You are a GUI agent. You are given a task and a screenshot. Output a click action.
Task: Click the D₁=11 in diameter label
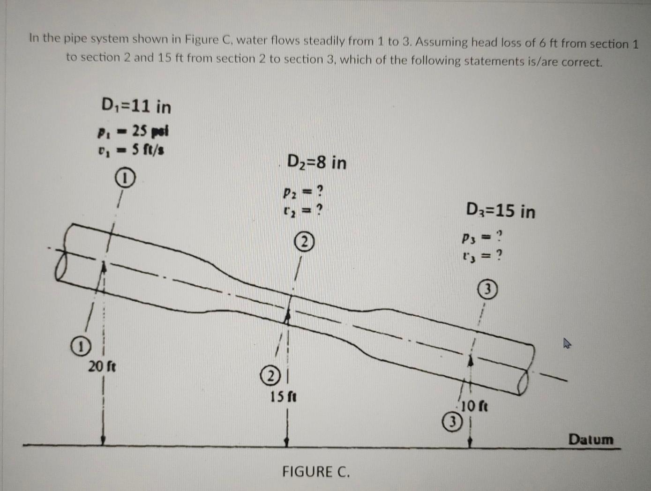136,107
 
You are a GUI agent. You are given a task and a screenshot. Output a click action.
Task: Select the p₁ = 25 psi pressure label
133,131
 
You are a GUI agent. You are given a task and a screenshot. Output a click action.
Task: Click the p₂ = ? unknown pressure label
303,192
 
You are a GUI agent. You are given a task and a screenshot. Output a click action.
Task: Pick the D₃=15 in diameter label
501,211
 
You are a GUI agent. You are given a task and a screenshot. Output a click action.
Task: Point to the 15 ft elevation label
284,397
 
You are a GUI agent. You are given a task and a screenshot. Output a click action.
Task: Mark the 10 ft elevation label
474,406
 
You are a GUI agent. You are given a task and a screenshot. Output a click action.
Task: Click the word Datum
591,439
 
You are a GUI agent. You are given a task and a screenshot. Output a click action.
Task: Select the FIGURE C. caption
316,471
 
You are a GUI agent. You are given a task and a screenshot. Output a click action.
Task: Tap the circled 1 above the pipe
125,179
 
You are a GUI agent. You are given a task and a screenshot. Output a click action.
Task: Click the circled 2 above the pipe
304,242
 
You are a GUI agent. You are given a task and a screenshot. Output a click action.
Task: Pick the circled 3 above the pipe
487,290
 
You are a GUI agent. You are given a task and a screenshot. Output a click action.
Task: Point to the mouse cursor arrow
567,344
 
